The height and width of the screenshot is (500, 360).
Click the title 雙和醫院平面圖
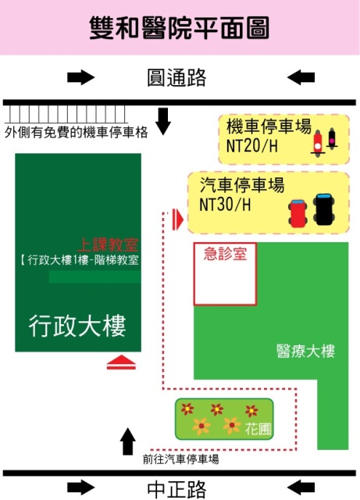pyautogui.click(x=179, y=28)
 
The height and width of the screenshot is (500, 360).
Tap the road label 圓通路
pyautogui.click(x=176, y=77)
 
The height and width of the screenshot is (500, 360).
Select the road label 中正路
pyautogui.click(x=176, y=490)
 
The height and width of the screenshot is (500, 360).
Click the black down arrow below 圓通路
pyautogui.click(x=163, y=121)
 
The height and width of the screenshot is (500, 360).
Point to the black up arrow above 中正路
pyautogui.click(x=128, y=441)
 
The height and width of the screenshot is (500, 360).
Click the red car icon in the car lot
pyautogui.click(x=298, y=213)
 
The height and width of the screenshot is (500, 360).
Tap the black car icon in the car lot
pyautogui.click(x=324, y=209)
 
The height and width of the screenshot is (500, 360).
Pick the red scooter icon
pyautogui.click(x=318, y=143)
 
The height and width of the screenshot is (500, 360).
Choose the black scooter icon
pyautogui.click(x=332, y=139)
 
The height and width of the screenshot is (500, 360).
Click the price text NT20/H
pyautogui.click(x=251, y=146)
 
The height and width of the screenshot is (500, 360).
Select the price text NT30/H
pyautogui.click(x=225, y=205)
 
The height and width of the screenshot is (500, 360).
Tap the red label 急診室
pyautogui.click(x=225, y=254)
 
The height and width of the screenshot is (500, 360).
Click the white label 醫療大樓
pyautogui.click(x=305, y=351)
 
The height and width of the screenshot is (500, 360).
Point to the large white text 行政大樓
pyautogui.click(x=77, y=326)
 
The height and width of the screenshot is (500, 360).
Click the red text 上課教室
pyautogui.click(x=108, y=245)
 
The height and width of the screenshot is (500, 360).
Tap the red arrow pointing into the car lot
pyautogui.click(x=177, y=220)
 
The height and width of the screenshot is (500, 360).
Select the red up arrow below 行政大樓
pyautogui.click(x=121, y=362)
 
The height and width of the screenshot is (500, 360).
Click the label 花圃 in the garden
pyautogui.click(x=258, y=429)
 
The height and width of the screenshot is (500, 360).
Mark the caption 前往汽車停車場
pyautogui.click(x=180, y=459)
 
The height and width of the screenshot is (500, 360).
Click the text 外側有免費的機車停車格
pyautogui.click(x=77, y=132)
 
